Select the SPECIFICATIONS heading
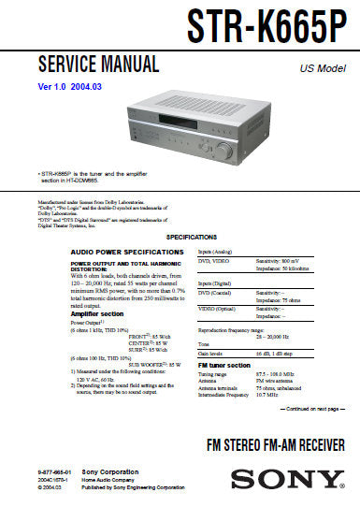pos(179,239)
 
